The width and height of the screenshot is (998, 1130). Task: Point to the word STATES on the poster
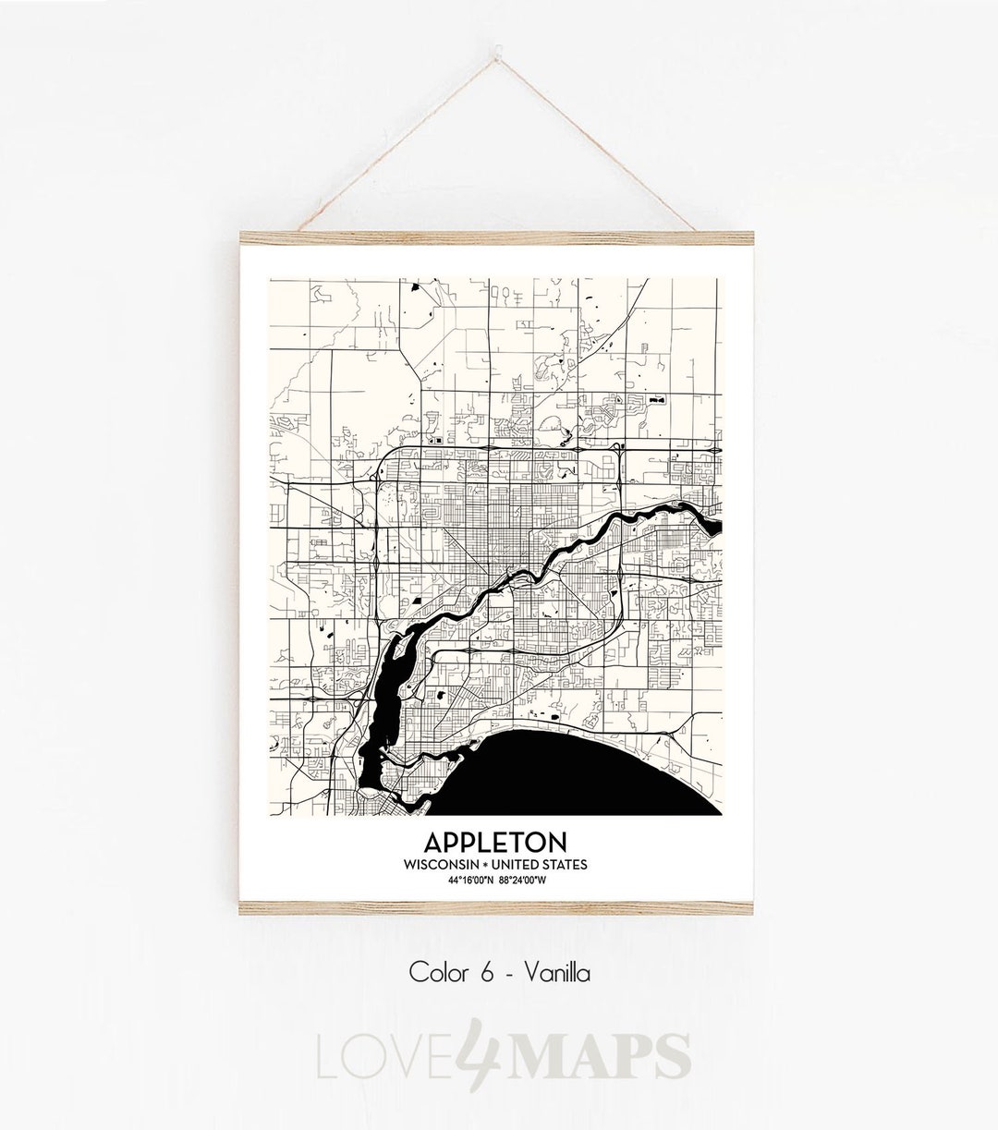click(566, 864)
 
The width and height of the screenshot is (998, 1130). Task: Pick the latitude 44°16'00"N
click(470, 879)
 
